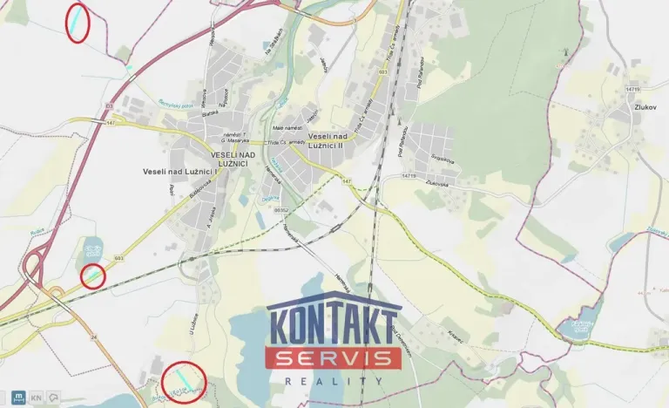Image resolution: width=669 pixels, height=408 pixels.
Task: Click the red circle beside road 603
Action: point(92,276)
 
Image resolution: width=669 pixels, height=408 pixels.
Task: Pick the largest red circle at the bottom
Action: point(184,381)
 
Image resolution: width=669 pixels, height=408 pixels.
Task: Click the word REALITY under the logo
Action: point(334,381)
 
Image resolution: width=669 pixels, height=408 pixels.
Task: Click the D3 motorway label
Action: point(110,105)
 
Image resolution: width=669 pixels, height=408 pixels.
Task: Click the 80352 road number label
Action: point(280,209)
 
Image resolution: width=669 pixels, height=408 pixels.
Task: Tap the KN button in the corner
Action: point(36,397)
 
